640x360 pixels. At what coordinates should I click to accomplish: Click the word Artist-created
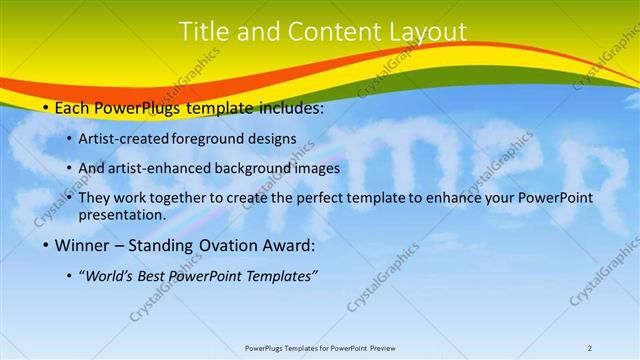pos(124,139)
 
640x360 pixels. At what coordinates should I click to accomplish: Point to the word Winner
pos(81,245)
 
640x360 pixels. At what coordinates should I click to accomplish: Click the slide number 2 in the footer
pos(590,347)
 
